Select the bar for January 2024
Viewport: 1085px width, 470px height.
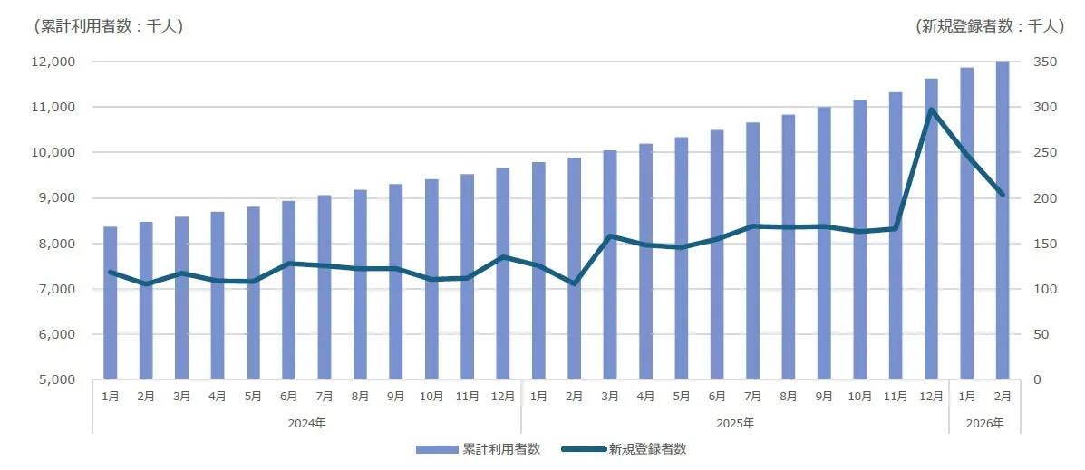[x=111, y=302]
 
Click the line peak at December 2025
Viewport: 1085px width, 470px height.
[x=931, y=110]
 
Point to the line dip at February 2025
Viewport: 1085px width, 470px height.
[x=574, y=283]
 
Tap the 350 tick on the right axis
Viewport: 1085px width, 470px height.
[x=1044, y=62]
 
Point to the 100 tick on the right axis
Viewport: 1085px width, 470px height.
[x=1044, y=289]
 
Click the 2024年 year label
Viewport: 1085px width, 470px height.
[x=306, y=423]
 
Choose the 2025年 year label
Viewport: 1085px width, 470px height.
[x=735, y=423]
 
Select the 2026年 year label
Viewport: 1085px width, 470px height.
[x=984, y=423]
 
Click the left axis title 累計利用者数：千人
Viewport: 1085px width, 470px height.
[x=108, y=26]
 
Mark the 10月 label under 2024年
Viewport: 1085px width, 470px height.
[x=431, y=396]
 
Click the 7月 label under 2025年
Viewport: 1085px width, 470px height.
[x=752, y=396]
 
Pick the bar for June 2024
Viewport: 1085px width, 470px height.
[x=288, y=290]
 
